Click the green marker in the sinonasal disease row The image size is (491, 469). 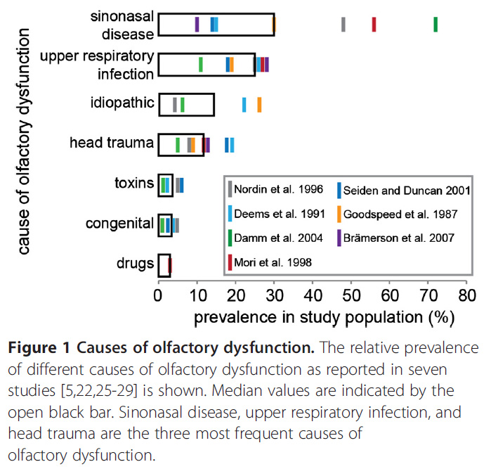[x=436, y=24]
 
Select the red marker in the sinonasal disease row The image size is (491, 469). [x=374, y=24]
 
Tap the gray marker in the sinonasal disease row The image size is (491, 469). [x=343, y=24]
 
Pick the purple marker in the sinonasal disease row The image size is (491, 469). [x=197, y=24]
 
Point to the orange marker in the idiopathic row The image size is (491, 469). [x=259, y=105]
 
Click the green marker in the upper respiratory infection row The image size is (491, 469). [x=201, y=64]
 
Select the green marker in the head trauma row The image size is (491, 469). [x=178, y=144]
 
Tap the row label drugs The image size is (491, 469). [x=135, y=264]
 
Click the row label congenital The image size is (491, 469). [x=119, y=224]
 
